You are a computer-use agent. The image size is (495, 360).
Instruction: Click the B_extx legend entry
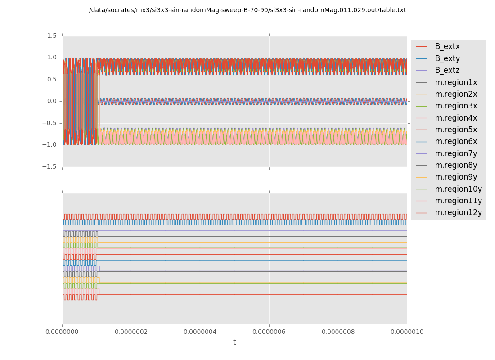tap(447, 46)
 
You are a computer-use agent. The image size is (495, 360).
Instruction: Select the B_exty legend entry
tap(447, 58)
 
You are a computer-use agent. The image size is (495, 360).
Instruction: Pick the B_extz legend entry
tap(447, 70)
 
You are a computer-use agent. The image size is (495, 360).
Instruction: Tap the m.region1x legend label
tap(456, 82)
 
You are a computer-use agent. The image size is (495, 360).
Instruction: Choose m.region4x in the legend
tap(456, 118)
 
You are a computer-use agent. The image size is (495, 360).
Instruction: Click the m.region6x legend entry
tap(456, 141)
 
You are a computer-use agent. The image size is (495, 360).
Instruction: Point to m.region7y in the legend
tap(456, 153)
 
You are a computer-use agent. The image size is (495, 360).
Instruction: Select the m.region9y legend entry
tap(456, 177)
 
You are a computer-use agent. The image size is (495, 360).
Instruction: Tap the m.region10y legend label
tap(458, 189)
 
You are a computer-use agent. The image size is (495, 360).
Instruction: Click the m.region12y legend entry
tap(458, 212)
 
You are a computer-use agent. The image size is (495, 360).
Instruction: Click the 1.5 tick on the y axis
tap(52, 36)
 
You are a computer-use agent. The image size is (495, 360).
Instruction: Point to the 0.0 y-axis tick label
tap(52, 101)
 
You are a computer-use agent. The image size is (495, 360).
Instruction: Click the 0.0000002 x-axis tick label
tap(131, 332)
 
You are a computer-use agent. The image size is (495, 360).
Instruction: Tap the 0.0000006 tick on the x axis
tap(269, 332)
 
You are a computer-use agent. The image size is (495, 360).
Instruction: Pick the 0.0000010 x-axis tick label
tap(407, 332)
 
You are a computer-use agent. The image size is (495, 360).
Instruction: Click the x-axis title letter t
tap(234, 342)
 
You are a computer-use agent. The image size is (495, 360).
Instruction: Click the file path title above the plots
tap(247, 10)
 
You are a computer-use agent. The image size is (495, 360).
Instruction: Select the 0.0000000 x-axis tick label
tap(63, 332)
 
